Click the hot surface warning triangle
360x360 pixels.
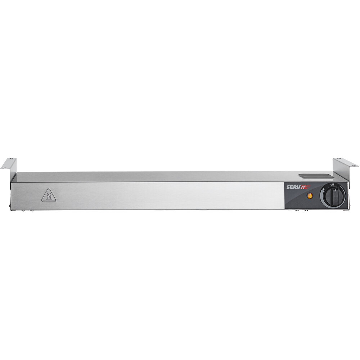[49, 195]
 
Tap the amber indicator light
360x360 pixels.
[310, 196]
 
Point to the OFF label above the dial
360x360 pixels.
[332, 185]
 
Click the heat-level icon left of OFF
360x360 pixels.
[324, 189]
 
